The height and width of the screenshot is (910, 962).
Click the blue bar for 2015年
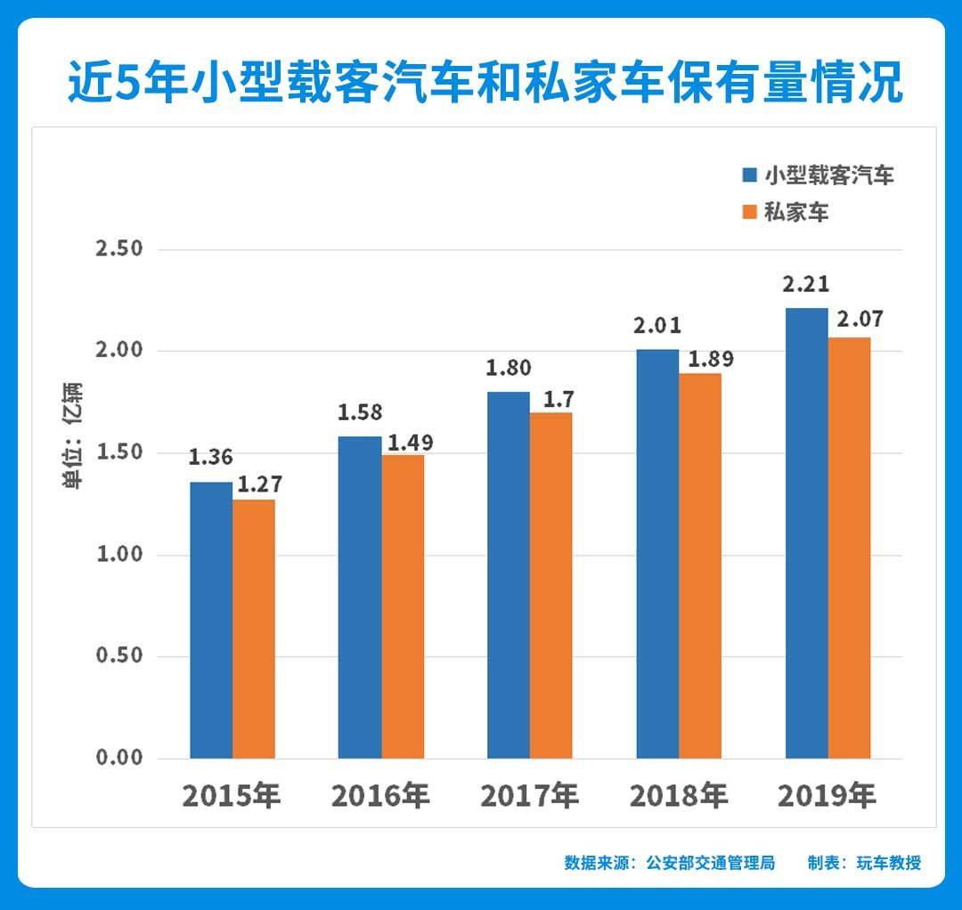pyautogui.click(x=211, y=620)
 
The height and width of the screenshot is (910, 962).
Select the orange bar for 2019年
pyautogui.click(x=849, y=548)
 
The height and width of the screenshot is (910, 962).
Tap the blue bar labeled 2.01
pyautogui.click(x=657, y=554)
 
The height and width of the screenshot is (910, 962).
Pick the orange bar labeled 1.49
pyautogui.click(x=403, y=606)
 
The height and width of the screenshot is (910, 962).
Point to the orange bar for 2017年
pyautogui.click(x=550, y=585)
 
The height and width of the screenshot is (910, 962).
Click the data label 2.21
pyautogui.click(x=805, y=285)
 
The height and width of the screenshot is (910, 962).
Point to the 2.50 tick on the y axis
pyautogui.click(x=119, y=248)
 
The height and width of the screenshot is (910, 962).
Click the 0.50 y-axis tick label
pyautogui.click(x=119, y=656)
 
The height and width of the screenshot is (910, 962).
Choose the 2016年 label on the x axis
pyautogui.click(x=380, y=795)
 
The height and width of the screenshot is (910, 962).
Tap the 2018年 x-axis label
pyautogui.click(x=678, y=795)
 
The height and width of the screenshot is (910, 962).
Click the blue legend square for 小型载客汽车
pyautogui.click(x=749, y=175)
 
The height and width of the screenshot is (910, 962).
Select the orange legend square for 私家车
pyautogui.click(x=749, y=212)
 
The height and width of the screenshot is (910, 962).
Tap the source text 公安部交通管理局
pyautogui.click(x=710, y=863)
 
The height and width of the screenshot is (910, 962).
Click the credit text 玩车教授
pyautogui.click(x=888, y=863)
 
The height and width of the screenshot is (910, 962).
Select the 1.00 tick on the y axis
pyautogui.click(x=119, y=555)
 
